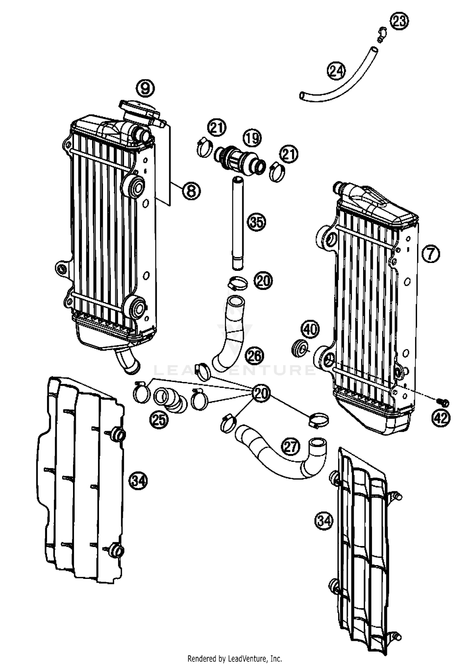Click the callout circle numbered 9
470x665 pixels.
[x=145, y=89]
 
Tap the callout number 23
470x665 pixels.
[x=399, y=21]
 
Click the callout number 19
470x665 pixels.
[x=253, y=138]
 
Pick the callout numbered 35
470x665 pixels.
[x=257, y=222]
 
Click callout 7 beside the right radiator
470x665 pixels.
[x=431, y=254]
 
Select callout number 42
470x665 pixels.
[x=441, y=418]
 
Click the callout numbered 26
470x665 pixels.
[x=254, y=356]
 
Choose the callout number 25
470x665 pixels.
[x=159, y=420]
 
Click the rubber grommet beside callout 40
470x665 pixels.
[x=299, y=349]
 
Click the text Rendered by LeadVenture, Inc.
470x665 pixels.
[x=235, y=658]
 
